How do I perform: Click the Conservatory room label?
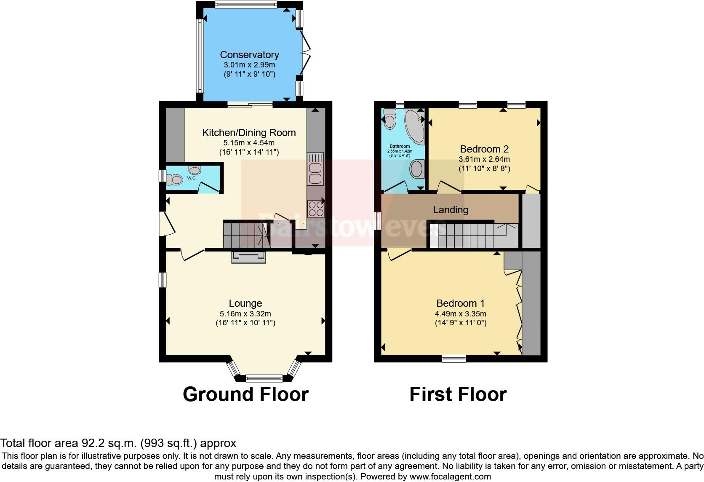249,55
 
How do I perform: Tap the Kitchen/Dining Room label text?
249,133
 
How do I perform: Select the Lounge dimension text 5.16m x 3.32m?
245,314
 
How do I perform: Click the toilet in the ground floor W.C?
175,180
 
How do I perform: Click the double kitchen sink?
315,169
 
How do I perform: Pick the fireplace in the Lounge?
248,257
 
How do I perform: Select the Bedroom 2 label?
484,149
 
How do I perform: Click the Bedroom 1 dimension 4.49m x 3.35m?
460,314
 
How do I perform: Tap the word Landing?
451,210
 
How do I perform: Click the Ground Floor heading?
245,394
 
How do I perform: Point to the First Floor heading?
458,394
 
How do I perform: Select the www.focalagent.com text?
450,477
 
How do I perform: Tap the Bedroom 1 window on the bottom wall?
454,359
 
